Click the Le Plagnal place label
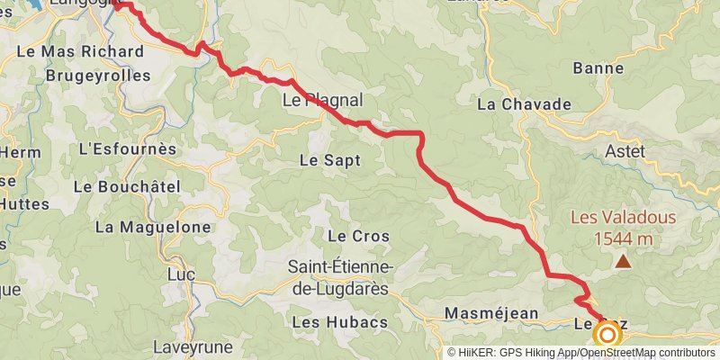[x=322, y=101]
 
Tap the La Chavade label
[x=524, y=103]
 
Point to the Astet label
[x=625, y=151]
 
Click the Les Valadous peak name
[x=624, y=219]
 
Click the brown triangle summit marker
[x=623, y=262]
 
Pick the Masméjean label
[x=491, y=313]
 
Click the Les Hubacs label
[x=340, y=321]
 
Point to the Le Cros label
[x=358, y=236]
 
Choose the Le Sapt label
[x=329, y=160]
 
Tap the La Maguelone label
[x=152, y=227]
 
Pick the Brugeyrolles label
[x=98, y=76]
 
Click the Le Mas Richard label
[x=80, y=51]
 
